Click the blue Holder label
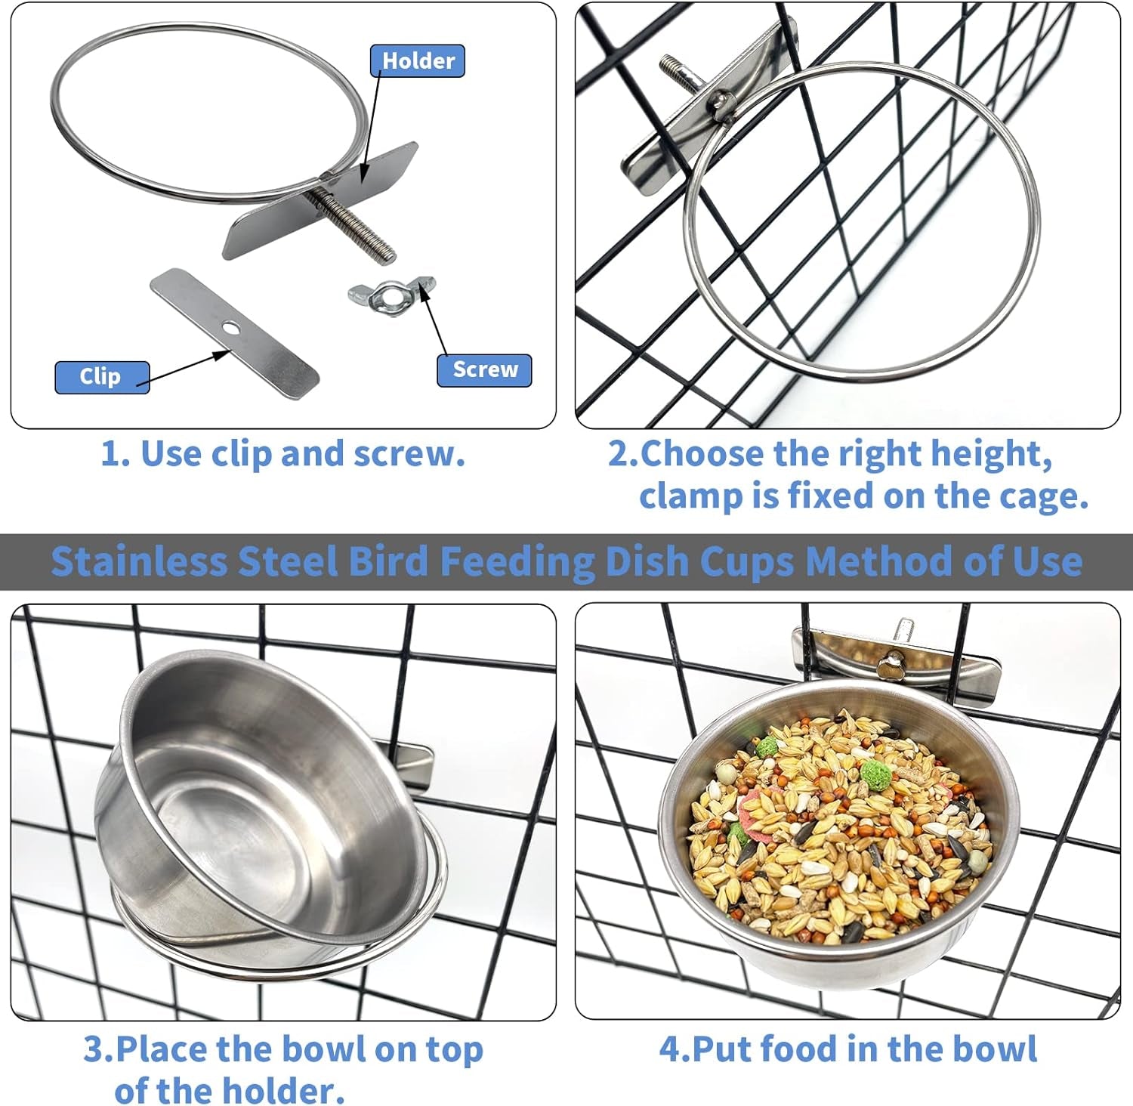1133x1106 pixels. [x=417, y=61]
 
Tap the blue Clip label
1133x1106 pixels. [x=101, y=376]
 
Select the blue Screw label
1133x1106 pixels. [x=484, y=369]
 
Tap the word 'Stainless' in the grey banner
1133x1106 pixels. [x=138, y=562]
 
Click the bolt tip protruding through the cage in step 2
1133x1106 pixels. [x=672, y=68]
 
